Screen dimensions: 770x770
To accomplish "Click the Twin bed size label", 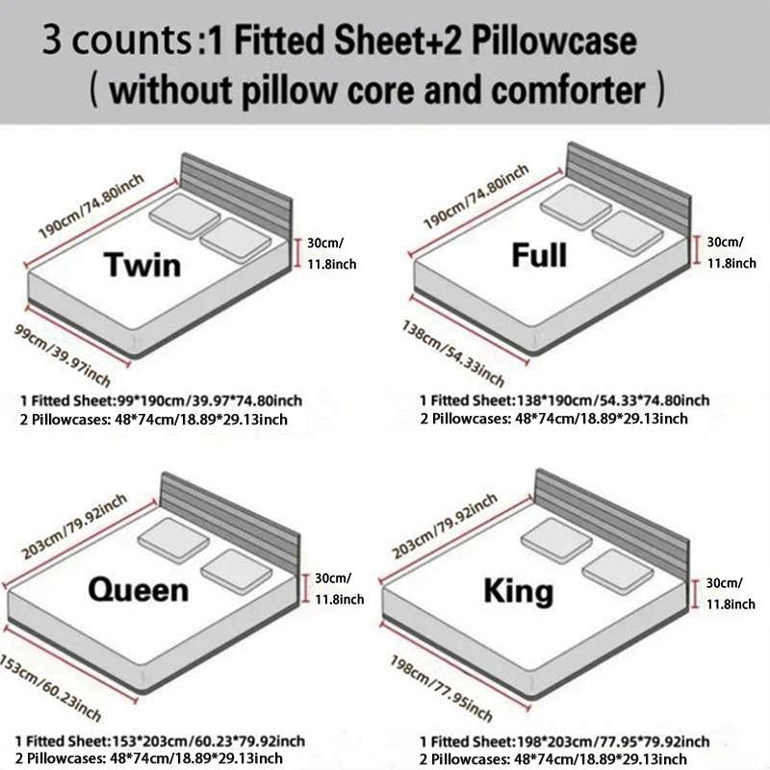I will (x=141, y=264).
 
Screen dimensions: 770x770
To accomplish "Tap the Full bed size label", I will (x=538, y=255).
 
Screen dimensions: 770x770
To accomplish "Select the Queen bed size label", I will (x=139, y=588).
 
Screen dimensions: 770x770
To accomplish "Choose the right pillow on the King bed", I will (x=617, y=571).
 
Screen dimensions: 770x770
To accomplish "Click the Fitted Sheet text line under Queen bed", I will (x=163, y=740).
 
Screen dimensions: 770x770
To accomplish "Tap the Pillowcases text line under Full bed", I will (x=553, y=418).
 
